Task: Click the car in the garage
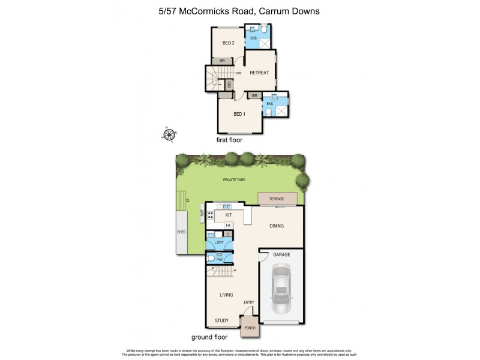(281, 290)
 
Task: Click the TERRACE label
(277, 199)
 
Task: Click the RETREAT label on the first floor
(259, 73)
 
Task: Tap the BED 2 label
(228, 43)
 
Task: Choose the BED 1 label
(239, 114)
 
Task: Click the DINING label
(276, 226)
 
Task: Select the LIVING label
(226, 295)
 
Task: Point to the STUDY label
(222, 321)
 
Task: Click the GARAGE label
(281, 254)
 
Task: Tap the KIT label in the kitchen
(228, 214)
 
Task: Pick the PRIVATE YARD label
(234, 179)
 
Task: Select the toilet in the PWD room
(212, 259)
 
